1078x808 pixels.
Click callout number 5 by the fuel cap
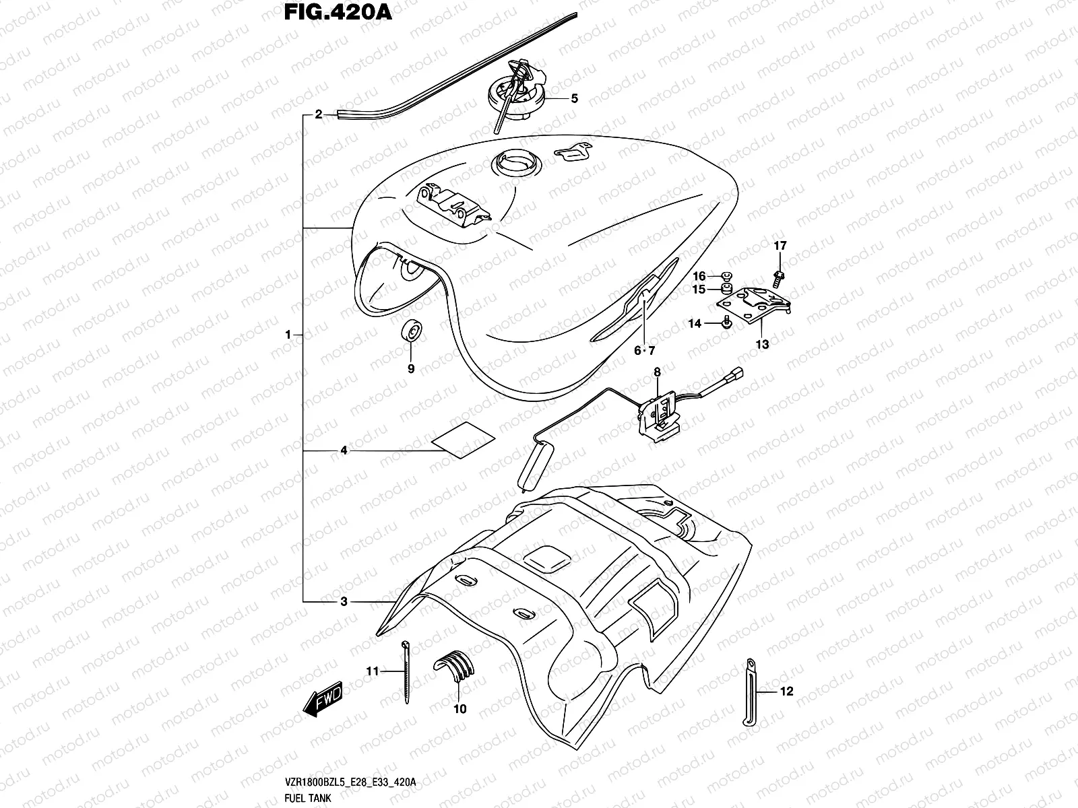coord(574,98)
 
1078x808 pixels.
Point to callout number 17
coord(780,246)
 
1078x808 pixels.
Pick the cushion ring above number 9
coord(410,331)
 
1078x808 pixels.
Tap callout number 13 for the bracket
coord(762,345)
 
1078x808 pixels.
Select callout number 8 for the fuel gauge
coord(657,372)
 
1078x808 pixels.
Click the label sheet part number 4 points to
coord(462,441)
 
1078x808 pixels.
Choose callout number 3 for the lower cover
coord(344,602)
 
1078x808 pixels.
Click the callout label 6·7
coord(644,350)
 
